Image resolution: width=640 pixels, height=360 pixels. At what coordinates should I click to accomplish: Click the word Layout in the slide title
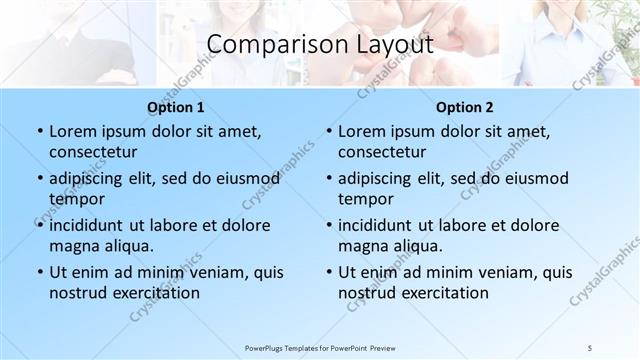pos(393,45)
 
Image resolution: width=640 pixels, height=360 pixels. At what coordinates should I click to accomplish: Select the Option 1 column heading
pos(176,107)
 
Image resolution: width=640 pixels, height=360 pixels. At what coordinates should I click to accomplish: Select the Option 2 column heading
pos(465,107)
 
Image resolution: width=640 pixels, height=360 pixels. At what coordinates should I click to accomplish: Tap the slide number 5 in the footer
pos(592,347)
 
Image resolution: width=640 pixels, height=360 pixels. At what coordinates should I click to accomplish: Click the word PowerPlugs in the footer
pos(268,347)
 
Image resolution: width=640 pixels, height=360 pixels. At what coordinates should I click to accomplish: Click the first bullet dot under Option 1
pos(39,132)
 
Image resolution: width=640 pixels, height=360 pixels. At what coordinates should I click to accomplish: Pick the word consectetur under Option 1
pos(93,152)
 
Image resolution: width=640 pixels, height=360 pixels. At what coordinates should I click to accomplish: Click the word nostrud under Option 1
pos(77,293)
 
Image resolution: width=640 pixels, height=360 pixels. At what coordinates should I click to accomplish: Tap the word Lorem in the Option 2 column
pos(361,132)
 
